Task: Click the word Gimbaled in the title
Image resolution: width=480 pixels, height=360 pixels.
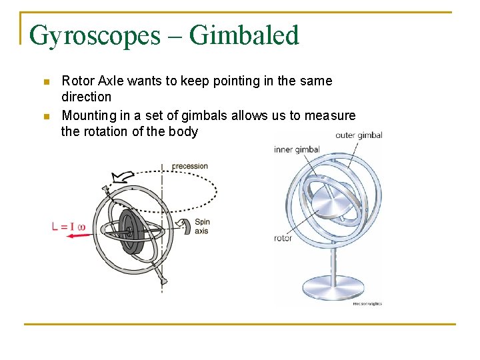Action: pos(244,35)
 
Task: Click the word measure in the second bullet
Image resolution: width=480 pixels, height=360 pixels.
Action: pos(330,115)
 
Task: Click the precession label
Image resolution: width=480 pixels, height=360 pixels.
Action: pos(190,166)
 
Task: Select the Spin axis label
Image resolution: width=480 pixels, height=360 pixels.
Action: pos(201,227)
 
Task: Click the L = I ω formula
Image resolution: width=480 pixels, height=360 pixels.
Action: pos(68,227)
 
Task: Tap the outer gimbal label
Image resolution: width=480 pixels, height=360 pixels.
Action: pos(359,135)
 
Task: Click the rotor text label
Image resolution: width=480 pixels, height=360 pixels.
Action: pos(283,238)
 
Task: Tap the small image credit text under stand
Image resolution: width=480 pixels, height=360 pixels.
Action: pos(367,304)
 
